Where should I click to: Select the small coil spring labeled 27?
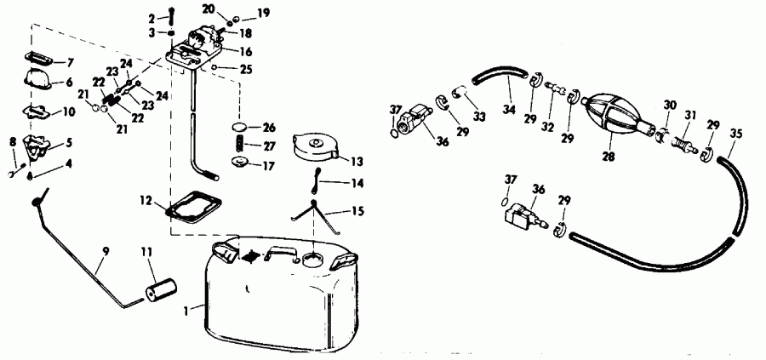tap(243, 145)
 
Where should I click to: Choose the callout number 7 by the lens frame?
tap(71, 62)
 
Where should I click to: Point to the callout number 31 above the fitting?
tap(690, 116)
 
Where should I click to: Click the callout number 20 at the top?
tap(209, 8)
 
